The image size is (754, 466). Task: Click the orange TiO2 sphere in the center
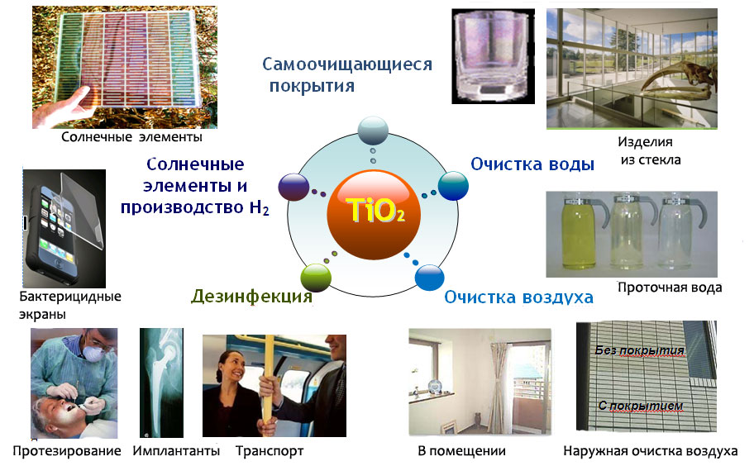[374, 215]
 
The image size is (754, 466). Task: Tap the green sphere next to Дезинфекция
[316, 277]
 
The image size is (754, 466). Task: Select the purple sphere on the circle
[293, 187]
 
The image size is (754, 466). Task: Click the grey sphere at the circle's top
[373, 131]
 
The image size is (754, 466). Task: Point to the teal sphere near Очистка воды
[453, 185]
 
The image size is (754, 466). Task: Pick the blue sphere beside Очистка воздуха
[429, 276]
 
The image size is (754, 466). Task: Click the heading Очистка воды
[532, 164]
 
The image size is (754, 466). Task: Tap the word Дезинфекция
[251, 297]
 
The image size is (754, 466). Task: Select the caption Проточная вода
[670, 288]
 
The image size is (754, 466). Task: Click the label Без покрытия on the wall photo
[640, 350]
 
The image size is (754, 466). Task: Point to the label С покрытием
[641, 406]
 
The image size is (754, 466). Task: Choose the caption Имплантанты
[176, 451]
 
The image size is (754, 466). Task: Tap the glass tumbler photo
[493, 55]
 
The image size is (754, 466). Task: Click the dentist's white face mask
[92, 353]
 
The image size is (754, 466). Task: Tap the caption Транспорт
[270, 451]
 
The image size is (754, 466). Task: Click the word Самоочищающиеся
[347, 64]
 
